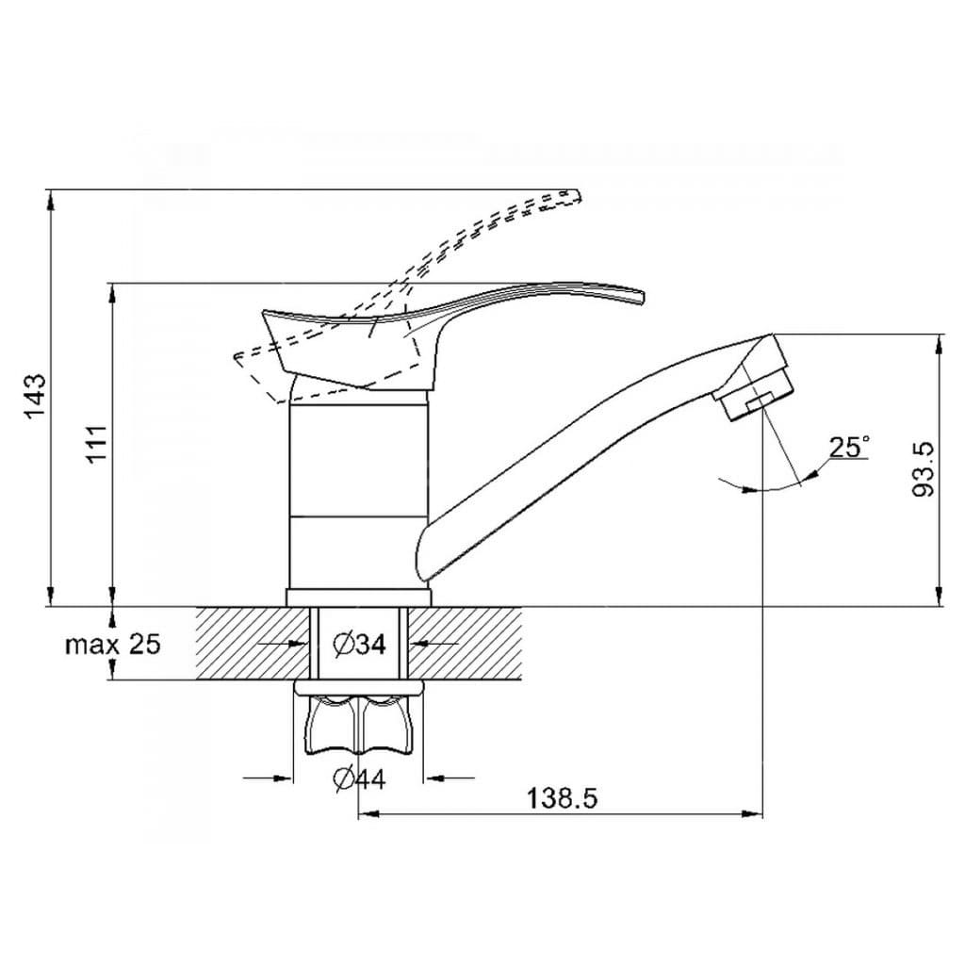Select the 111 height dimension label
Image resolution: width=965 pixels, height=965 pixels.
click(x=97, y=444)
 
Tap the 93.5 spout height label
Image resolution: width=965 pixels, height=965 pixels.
click(x=924, y=469)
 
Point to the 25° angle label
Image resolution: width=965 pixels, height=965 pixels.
click(x=850, y=448)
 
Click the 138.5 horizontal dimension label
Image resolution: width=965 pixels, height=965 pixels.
click(x=563, y=799)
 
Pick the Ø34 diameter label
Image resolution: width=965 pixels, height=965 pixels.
click(x=359, y=645)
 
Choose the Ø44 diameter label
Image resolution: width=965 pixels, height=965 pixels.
click(x=359, y=779)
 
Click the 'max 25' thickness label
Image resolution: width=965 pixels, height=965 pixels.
click(x=113, y=645)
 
